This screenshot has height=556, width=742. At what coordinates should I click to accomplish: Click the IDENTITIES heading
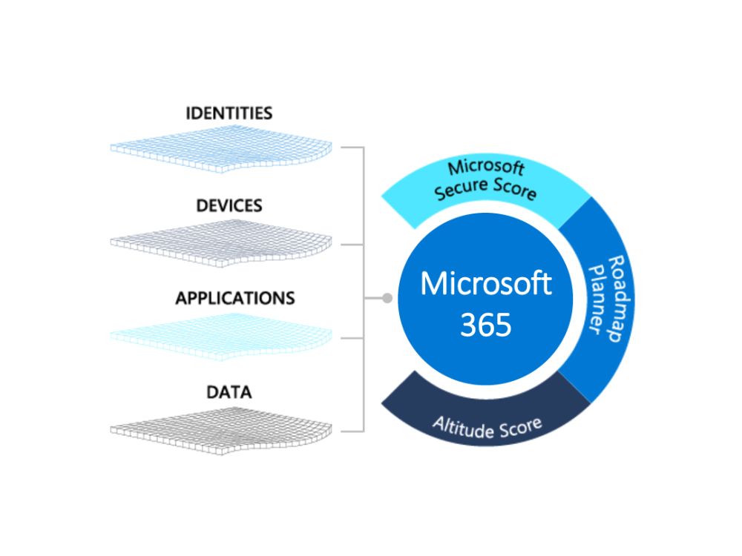click(229, 113)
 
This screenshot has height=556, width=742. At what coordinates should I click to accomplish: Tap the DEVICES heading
click(229, 205)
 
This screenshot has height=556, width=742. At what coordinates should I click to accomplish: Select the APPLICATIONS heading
click(235, 298)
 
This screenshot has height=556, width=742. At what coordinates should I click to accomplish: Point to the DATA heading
click(229, 392)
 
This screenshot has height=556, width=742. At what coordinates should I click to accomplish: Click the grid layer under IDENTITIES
click(221, 150)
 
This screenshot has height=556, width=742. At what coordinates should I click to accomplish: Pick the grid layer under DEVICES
click(221, 243)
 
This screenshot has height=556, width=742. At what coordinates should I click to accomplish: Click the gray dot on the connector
click(387, 298)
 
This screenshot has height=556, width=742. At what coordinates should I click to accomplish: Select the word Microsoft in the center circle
click(486, 284)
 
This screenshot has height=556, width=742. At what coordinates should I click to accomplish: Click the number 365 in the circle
click(486, 325)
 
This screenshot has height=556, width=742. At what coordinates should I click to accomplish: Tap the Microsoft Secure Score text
click(485, 180)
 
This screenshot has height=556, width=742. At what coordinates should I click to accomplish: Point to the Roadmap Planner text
click(609, 299)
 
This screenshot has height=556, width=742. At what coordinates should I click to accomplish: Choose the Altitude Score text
click(487, 428)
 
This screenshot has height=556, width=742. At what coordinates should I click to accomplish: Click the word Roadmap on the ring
click(620, 299)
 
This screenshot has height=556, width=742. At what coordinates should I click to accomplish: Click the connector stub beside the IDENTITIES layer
click(352, 148)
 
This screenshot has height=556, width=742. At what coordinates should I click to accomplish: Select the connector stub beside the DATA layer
click(352, 431)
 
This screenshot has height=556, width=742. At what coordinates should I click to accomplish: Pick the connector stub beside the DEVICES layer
click(352, 245)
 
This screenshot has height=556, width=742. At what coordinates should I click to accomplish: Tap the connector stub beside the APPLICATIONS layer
click(352, 338)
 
